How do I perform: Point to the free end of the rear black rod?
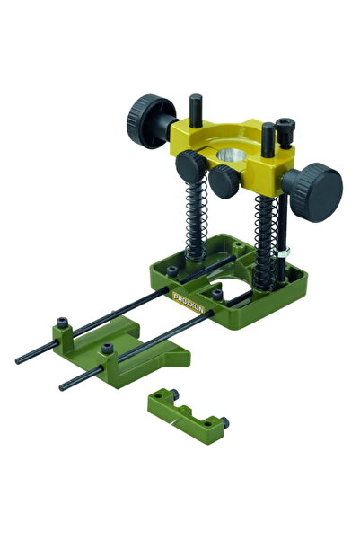click(x=20, y=360)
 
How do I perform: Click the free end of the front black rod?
click(x=64, y=387)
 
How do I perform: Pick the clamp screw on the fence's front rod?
click(x=107, y=349)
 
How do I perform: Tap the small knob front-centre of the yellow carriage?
click(x=224, y=178)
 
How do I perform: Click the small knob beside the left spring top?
click(x=190, y=164)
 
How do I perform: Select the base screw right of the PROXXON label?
click(x=216, y=294)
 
